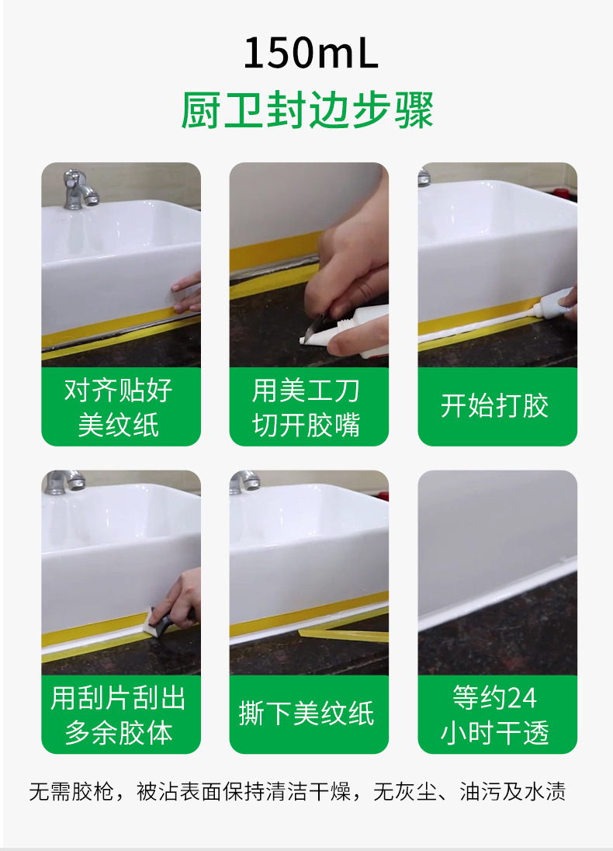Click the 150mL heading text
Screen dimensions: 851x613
tap(310, 53)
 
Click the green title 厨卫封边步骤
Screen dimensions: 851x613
tap(306, 111)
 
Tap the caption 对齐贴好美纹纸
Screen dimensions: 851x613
tap(120, 407)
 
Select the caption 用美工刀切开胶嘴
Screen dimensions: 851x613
tap(308, 407)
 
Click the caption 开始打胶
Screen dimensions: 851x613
tap(497, 406)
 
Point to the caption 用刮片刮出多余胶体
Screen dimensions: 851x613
tap(120, 714)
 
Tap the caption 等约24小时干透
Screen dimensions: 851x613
tap(497, 714)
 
